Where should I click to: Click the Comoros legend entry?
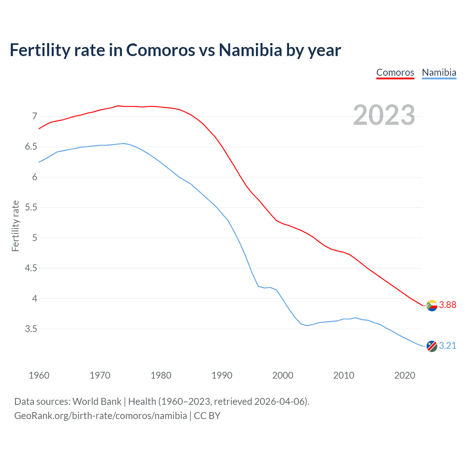395,72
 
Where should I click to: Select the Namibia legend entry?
439,72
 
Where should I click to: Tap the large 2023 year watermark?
384,115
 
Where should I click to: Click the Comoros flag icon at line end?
432,305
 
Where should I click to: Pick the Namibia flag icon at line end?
432,346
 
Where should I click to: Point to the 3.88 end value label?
447,305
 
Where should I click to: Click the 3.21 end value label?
447,346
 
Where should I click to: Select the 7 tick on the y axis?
35,116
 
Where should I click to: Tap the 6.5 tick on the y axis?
31,147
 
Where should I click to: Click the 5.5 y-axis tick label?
31,208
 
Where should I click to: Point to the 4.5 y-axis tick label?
31,268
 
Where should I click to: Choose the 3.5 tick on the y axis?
31,329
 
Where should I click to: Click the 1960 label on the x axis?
39,375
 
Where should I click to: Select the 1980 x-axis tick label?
161,375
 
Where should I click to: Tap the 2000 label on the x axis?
283,375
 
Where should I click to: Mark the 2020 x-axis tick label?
404,375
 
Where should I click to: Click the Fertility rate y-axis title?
15,226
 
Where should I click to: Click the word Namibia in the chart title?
250,50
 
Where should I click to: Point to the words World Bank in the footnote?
97,402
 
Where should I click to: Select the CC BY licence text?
207,416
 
